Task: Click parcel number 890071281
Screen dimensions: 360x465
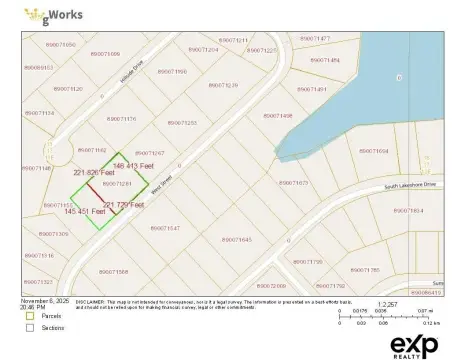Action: (x=119, y=183)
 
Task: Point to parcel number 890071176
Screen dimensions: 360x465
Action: (x=121, y=119)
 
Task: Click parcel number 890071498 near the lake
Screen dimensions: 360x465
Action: (x=277, y=115)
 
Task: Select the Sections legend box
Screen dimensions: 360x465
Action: (x=30, y=327)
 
